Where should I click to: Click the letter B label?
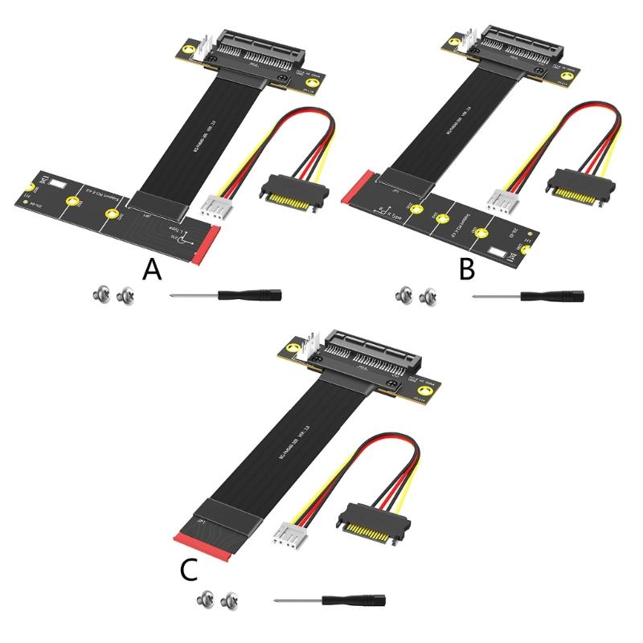coord(467,269)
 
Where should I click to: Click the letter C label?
coord(187,568)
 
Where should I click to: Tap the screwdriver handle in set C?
coord(358,599)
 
